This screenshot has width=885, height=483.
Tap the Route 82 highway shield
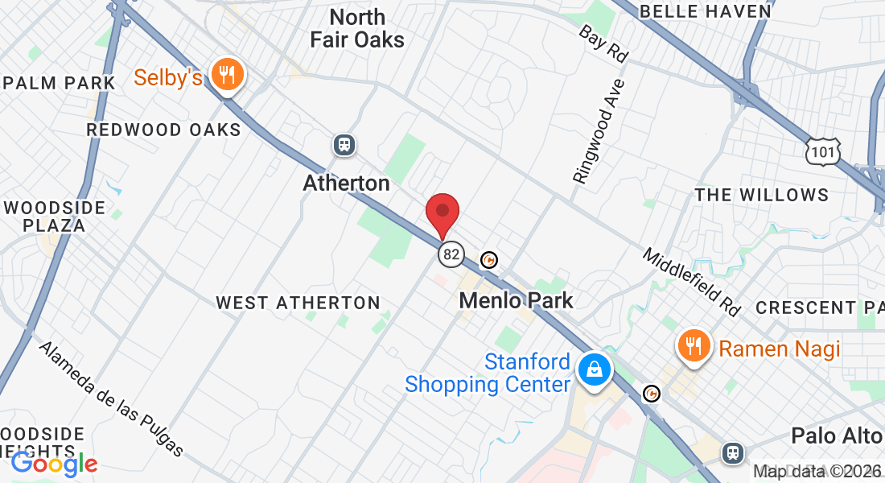[451, 255]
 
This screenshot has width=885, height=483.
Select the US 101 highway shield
[824, 151]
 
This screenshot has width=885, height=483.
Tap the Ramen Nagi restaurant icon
[693, 347]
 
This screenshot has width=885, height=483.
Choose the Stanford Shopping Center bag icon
[594, 370]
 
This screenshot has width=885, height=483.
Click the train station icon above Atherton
[344, 145]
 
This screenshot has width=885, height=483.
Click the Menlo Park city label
[516, 300]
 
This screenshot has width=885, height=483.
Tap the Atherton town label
[346, 183]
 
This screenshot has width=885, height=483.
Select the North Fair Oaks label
[356, 28]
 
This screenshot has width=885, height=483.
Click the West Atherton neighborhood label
[298, 303]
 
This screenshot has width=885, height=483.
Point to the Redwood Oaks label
[163, 130]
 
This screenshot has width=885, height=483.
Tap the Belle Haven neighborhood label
[705, 11]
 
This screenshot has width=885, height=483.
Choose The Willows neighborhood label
[761, 195]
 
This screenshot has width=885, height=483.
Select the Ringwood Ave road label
[599, 130]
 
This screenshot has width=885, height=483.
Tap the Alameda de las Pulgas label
[111, 398]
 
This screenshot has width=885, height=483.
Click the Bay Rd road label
[603, 43]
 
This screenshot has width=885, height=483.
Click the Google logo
[54, 463]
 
